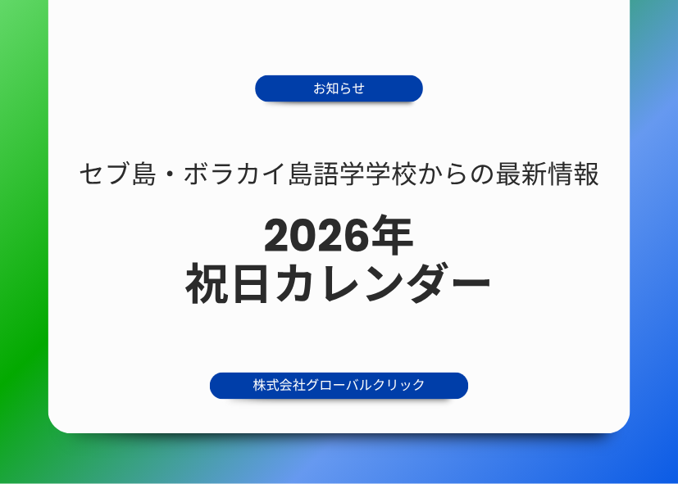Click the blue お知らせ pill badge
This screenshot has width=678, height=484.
pyautogui.click(x=339, y=88)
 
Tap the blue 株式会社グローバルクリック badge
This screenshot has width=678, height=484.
pyautogui.click(x=339, y=386)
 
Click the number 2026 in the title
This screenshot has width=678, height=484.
pyautogui.click(x=317, y=236)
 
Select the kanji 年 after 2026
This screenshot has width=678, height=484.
pyautogui.click(x=392, y=236)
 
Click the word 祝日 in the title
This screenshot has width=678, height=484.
pyautogui.click(x=227, y=283)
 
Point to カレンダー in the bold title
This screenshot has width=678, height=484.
pyautogui.click(x=383, y=283)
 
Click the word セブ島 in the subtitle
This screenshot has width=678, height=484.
pyautogui.click(x=118, y=174)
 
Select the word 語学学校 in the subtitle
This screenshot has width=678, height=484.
pyautogui.click(x=365, y=174)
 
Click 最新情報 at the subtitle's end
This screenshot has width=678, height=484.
pyautogui.click(x=547, y=174)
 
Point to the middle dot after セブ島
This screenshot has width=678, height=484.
pyautogui.click(x=170, y=174)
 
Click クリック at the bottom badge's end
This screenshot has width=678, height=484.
pyautogui.click(x=398, y=385)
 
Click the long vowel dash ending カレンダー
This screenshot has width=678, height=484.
pyautogui.click(x=469, y=283)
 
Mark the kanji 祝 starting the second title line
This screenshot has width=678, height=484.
pyautogui.click(x=207, y=283)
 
